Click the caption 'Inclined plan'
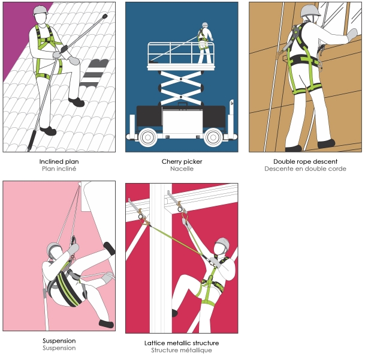(59, 161)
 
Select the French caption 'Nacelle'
(182, 169)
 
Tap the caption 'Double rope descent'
(305, 161)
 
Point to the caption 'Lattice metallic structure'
(182, 343)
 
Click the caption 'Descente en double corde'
(305, 169)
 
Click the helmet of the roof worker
(40, 10)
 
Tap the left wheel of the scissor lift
(147, 137)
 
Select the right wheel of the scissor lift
(213, 137)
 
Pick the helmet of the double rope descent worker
(310, 11)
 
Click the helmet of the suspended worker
(53, 248)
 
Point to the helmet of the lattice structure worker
(223, 244)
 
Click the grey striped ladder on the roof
(94, 74)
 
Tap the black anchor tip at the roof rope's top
(105, 17)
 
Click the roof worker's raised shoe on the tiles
(76, 102)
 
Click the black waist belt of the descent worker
(303, 61)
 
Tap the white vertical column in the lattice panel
(161, 258)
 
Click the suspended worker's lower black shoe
(106, 323)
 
